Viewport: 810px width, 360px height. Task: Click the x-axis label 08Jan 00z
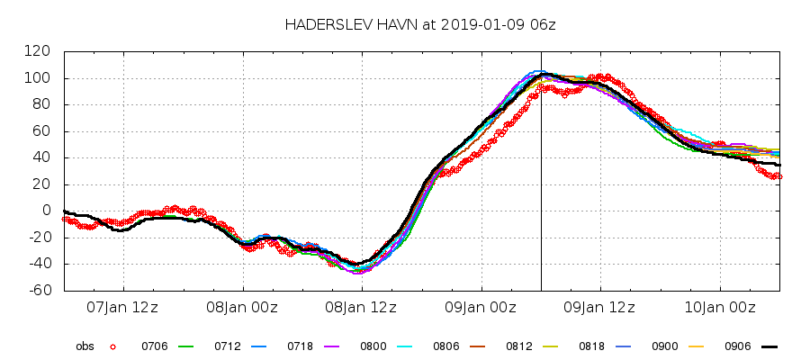click(242, 308)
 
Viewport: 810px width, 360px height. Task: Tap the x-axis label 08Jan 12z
click(361, 308)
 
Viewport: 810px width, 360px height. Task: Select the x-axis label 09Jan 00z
click(481, 308)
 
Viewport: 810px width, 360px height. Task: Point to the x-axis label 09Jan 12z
click(599, 308)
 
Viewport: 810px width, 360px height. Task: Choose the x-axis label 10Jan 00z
click(720, 308)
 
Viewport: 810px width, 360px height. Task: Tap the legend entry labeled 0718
click(301, 346)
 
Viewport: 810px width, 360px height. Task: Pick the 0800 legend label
click(373, 346)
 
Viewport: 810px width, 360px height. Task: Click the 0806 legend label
click(446, 346)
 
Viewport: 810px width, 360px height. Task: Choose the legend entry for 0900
click(665, 346)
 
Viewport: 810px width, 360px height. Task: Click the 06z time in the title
click(544, 24)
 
